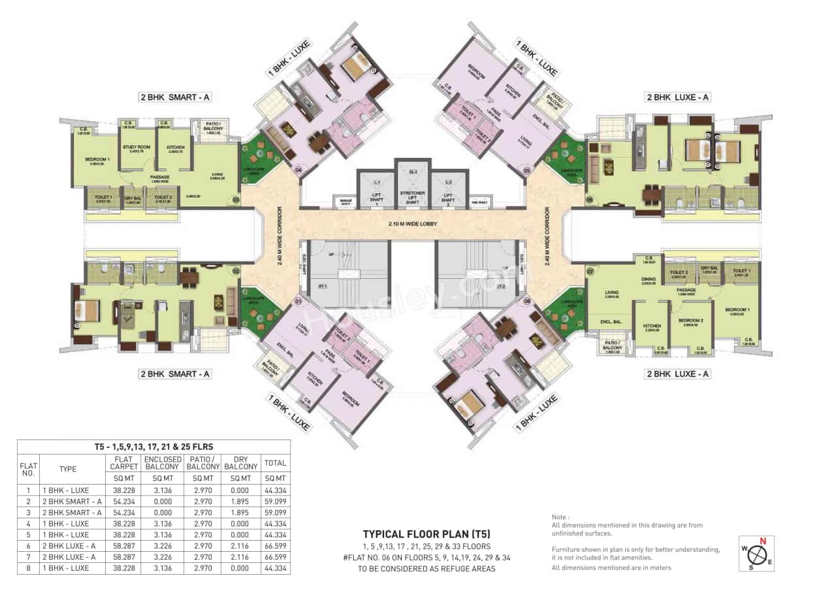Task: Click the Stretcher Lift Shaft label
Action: pyautogui.click(x=412, y=197)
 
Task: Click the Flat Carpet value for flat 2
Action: pyautogui.click(x=122, y=501)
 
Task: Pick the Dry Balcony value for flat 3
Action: pyautogui.click(x=240, y=512)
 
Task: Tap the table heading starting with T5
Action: pyautogui.click(x=153, y=446)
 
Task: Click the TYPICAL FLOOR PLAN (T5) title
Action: pyautogui.click(x=426, y=534)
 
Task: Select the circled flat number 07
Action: pyautogui.click(x=590, y=270)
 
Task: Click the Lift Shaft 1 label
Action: pyautogui.click(x=376, y=198)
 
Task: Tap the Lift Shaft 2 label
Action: pyautogui.click(x=448, y=198)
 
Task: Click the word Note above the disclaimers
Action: pyautogui.click(x=561, y=517)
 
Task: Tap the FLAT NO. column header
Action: pyautogui.click(x=28, y=468)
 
